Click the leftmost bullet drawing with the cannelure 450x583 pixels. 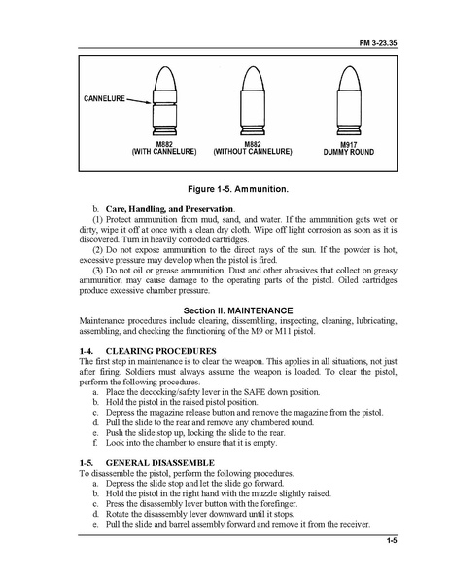pos(163,102)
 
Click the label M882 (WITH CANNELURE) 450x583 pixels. pos(163,148)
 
